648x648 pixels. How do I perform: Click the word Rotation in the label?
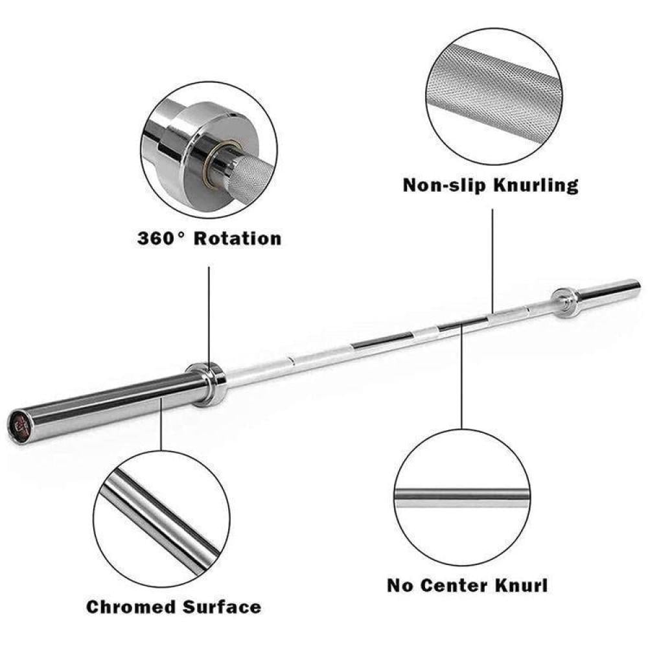pos(238,238)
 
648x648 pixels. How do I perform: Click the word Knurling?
pos(536,185)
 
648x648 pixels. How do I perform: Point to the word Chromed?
pos(132,607)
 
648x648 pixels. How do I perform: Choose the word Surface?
pos(222,607)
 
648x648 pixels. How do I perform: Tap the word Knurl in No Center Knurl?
pos(522,586)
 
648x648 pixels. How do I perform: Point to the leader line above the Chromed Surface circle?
pos(161,424)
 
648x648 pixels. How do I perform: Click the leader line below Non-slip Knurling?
pos(492,260)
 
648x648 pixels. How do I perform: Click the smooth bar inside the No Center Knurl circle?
pos(462,498)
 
